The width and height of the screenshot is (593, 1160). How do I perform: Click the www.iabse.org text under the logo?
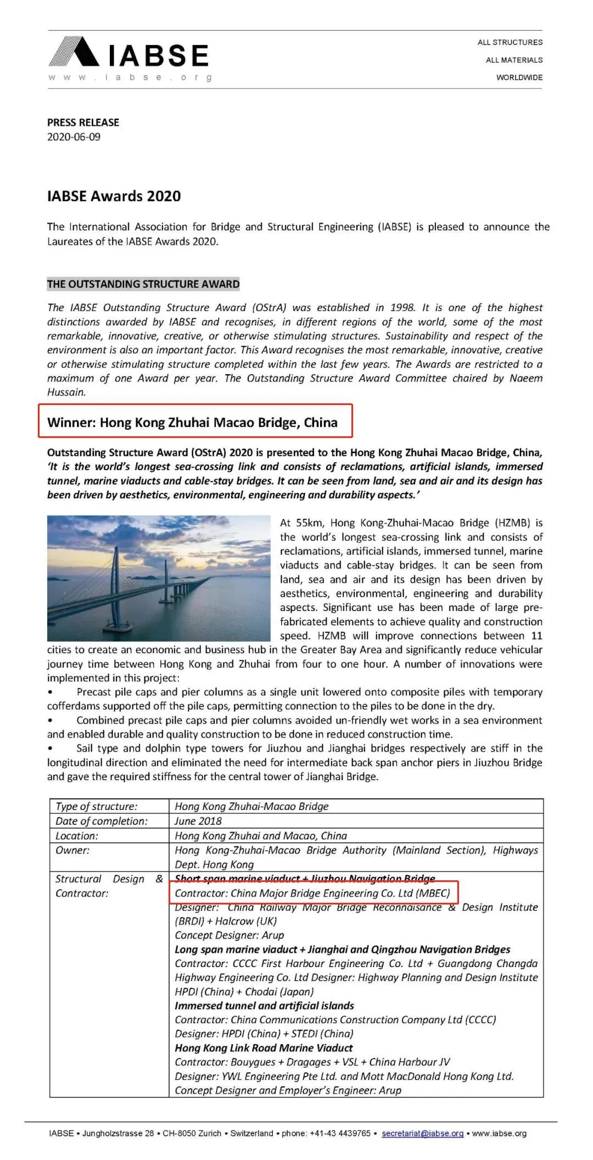click(130, 77)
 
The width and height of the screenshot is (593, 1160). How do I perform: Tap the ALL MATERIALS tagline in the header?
click(514, 60)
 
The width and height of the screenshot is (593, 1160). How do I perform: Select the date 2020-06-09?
click(74, 137)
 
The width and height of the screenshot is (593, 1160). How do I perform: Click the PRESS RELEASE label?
click(83, 122)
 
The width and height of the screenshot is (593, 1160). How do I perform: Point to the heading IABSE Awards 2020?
click(114, 196)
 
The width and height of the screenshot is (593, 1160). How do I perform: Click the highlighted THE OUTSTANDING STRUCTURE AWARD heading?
click(143, 284)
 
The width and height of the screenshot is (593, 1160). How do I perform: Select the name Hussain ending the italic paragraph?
click(66, 392)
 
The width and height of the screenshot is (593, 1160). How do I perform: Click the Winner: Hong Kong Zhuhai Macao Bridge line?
click(192, 423)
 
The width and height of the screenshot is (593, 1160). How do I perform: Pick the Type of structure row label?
click(97, 806)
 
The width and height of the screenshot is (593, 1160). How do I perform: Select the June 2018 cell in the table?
click(198, 821)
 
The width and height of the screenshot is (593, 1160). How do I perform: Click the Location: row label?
click(77, 836)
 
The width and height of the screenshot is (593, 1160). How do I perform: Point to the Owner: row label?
click(72, 850)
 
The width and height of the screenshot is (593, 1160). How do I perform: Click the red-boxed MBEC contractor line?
click(312, 893)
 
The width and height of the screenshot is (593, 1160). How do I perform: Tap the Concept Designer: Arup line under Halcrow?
click(230, 935)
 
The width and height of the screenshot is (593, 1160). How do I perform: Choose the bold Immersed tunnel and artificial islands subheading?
click(264, 1006)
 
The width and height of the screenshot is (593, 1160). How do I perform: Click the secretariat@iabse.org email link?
click(422, 1133)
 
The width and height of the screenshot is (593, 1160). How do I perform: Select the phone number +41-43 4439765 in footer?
click(340, 1133)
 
